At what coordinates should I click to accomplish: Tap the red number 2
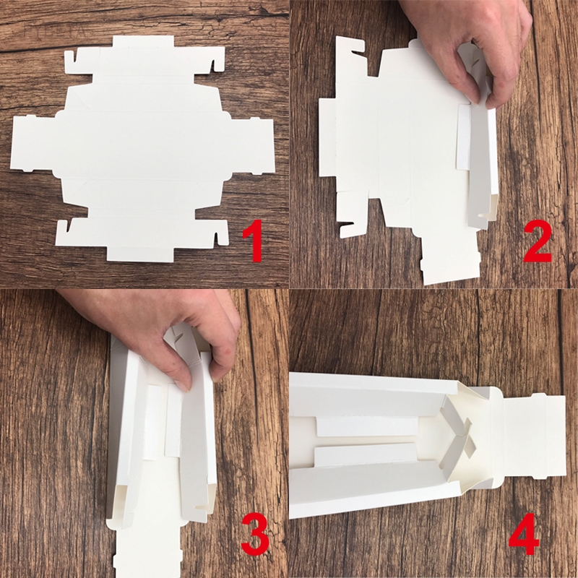tap(538, 241)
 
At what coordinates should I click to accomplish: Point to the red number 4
tap(524, 533)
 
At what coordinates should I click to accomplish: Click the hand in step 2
tap(475, 48)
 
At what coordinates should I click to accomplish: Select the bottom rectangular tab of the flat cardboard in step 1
tap(140, 254)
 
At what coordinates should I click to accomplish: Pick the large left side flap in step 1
tap(33, 143)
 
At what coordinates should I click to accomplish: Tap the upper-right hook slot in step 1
tap(213, 65)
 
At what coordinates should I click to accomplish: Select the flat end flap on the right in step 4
tap(534, 436)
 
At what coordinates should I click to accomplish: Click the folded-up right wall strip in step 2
tap(479, 166)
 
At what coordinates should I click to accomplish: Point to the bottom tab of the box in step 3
tap(147, 553)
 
